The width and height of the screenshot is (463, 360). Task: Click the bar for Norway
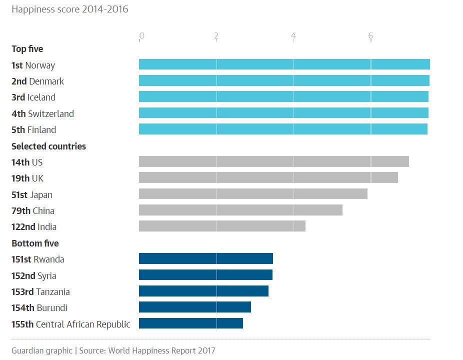tap(284, 64)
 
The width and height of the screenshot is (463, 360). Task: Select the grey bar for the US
tap(273, 161)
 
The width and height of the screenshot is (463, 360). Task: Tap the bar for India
tap(222, 226)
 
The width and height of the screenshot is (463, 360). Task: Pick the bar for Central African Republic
tap(190, 323)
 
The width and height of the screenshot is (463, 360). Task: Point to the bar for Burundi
tap(194, 307)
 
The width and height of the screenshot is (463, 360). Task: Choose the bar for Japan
tap(253, 194)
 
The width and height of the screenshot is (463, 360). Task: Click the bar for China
tap(240, 210)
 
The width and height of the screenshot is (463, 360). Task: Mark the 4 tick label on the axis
tap(293, 35)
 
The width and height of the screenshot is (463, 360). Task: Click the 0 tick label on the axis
tap(142, 35)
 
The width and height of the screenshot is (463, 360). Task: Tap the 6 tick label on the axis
tap(370, 35)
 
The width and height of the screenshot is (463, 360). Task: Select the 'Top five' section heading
tap(27, 49)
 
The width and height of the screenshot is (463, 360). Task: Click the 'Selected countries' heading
tap(48, 146)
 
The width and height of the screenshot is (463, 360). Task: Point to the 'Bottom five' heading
tap(35, 243)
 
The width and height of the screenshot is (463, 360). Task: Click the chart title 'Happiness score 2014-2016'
tap(70, 9)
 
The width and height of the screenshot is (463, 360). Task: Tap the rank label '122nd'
tap(23, 227)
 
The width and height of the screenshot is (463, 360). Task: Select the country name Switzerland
tap(51, 114)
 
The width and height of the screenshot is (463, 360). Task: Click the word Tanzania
tap(53, 292)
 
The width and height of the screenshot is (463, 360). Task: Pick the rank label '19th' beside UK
tap(20, 178)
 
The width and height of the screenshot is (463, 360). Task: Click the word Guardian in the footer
tap(28, 350)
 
